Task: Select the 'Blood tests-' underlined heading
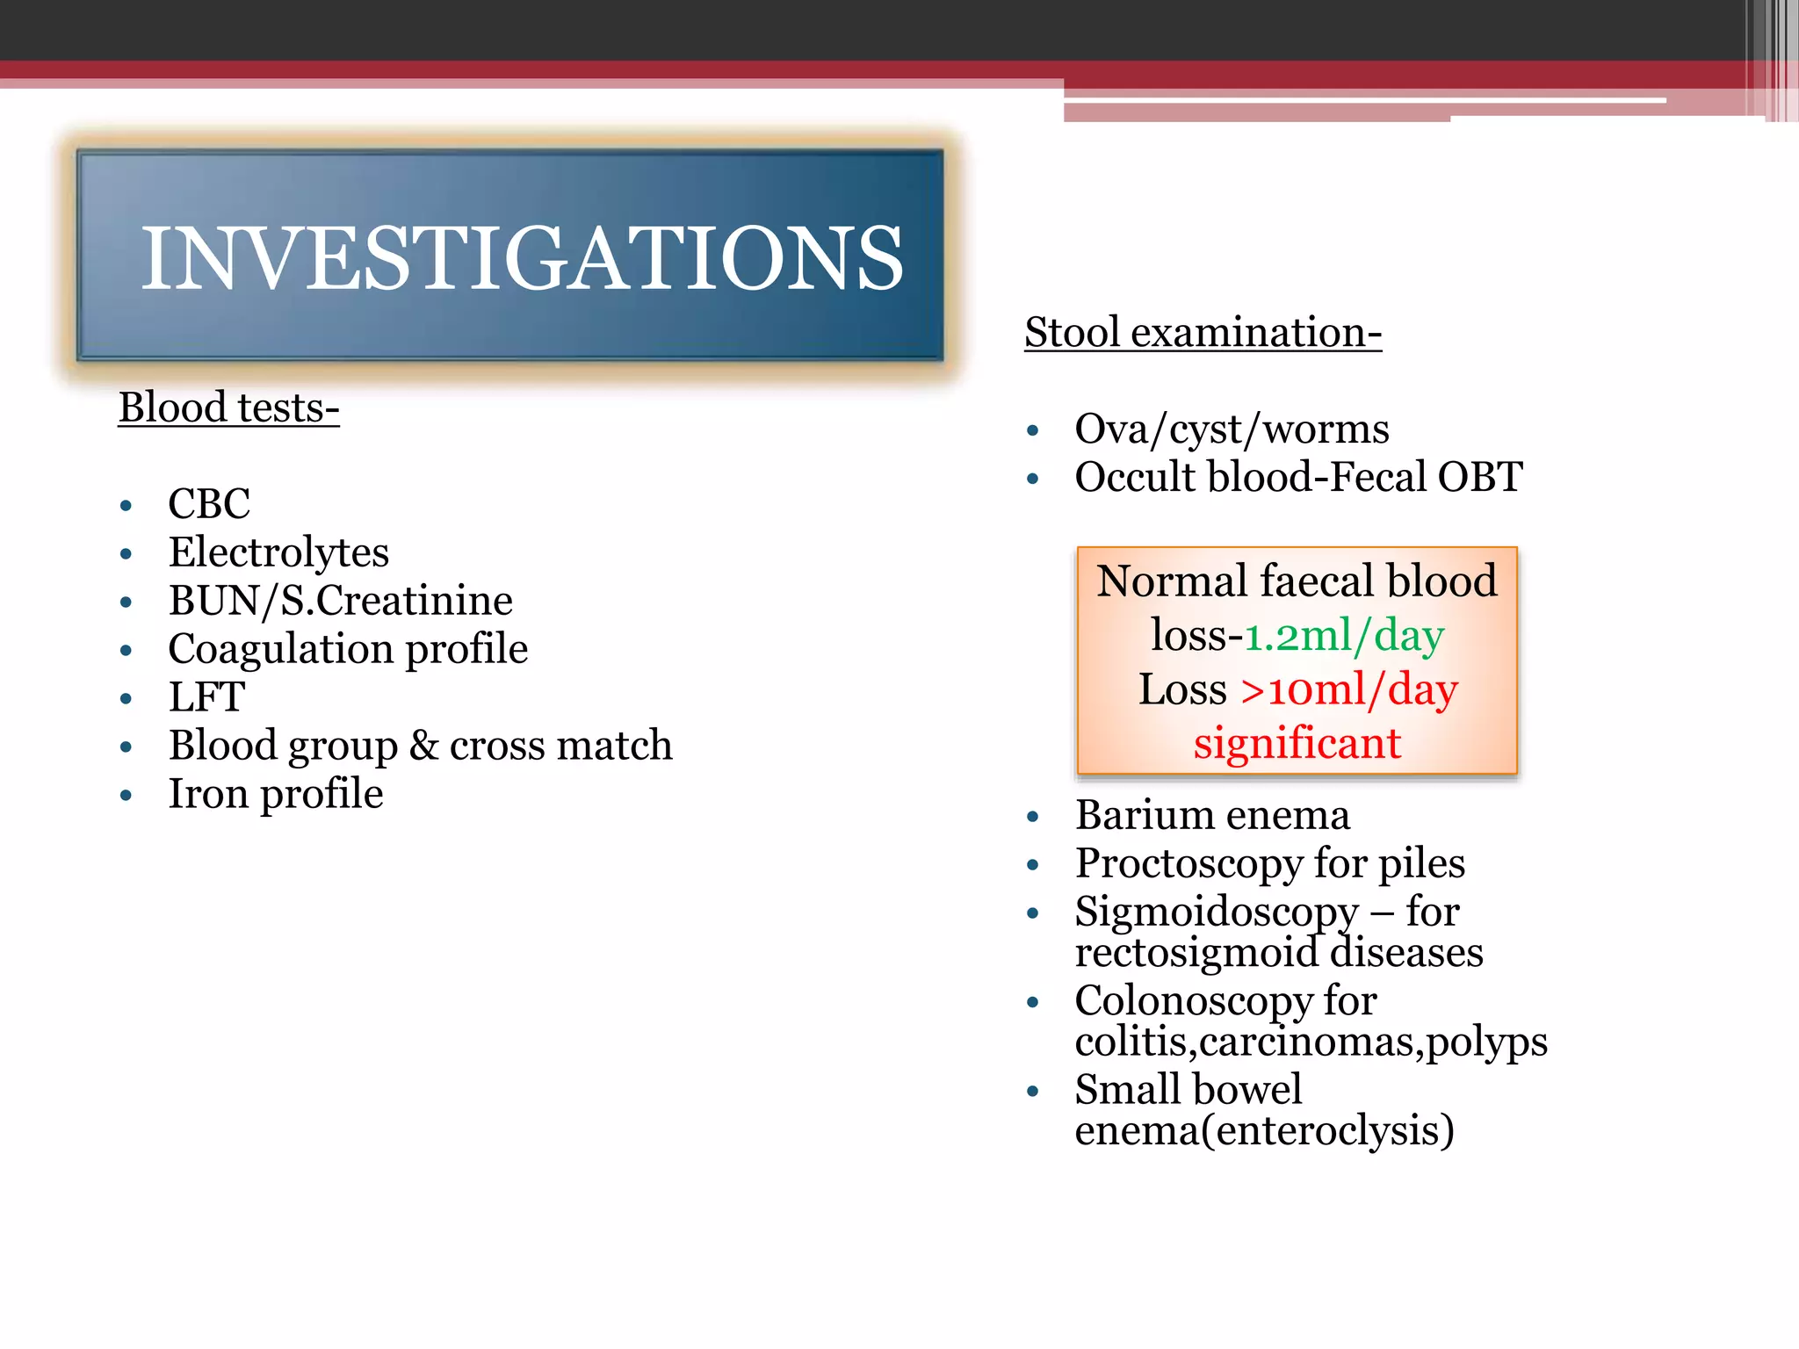coord(228,408)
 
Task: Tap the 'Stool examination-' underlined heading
coord(1203,333)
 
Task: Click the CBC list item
coord(209,504)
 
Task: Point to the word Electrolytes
coord(278,552)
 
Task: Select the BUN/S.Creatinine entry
coord(340,601)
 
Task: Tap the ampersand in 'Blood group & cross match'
coord(423,745)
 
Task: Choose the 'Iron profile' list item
coord(276,794)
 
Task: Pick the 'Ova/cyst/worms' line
coord(1232,429)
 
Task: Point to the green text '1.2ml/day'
coord(1344,636)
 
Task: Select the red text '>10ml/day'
coord(1349,690)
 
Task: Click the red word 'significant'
coord(1297,744)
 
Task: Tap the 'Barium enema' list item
coord(1212,815)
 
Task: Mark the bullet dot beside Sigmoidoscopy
coord(1033,913)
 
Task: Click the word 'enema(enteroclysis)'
coord(1264,1130)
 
